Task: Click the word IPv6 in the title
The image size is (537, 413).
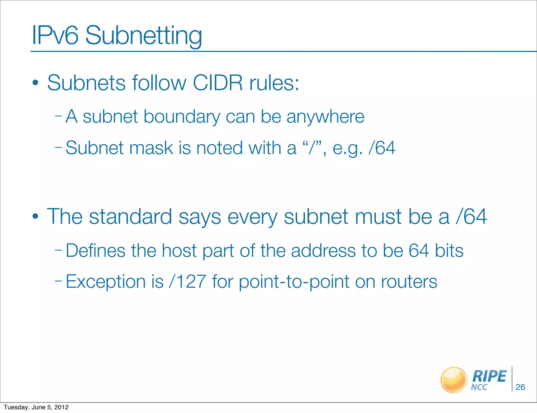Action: point(55,35)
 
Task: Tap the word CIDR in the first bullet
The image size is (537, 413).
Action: point(218,83)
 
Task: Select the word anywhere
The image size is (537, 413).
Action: point(325,117)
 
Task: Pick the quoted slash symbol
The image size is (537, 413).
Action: point(312,148)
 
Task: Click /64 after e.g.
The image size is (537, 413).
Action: point(382,148)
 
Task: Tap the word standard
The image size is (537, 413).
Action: point(130,217)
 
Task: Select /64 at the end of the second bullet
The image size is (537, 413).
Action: point(471,217)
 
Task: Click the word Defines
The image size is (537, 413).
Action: point(95,251)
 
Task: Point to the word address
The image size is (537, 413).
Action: point(323,251)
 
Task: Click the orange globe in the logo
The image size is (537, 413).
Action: point(454,380)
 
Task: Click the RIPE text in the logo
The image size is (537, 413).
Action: point(489,376)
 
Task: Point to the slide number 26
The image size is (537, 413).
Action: point(520,387)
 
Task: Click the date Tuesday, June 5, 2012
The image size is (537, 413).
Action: point(36,407)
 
